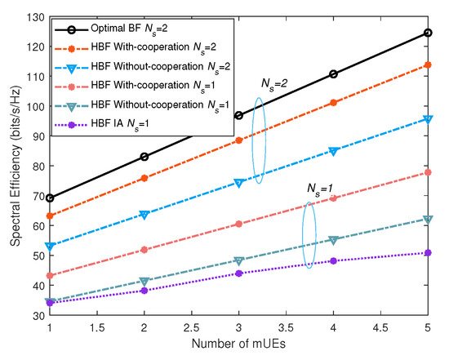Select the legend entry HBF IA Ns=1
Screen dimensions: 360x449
114,127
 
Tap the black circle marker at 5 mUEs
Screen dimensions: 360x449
428,33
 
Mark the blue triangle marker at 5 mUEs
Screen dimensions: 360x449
428,119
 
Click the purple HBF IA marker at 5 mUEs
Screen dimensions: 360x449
428,253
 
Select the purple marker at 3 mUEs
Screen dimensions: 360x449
238,273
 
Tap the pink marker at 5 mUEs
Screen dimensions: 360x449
428,172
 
